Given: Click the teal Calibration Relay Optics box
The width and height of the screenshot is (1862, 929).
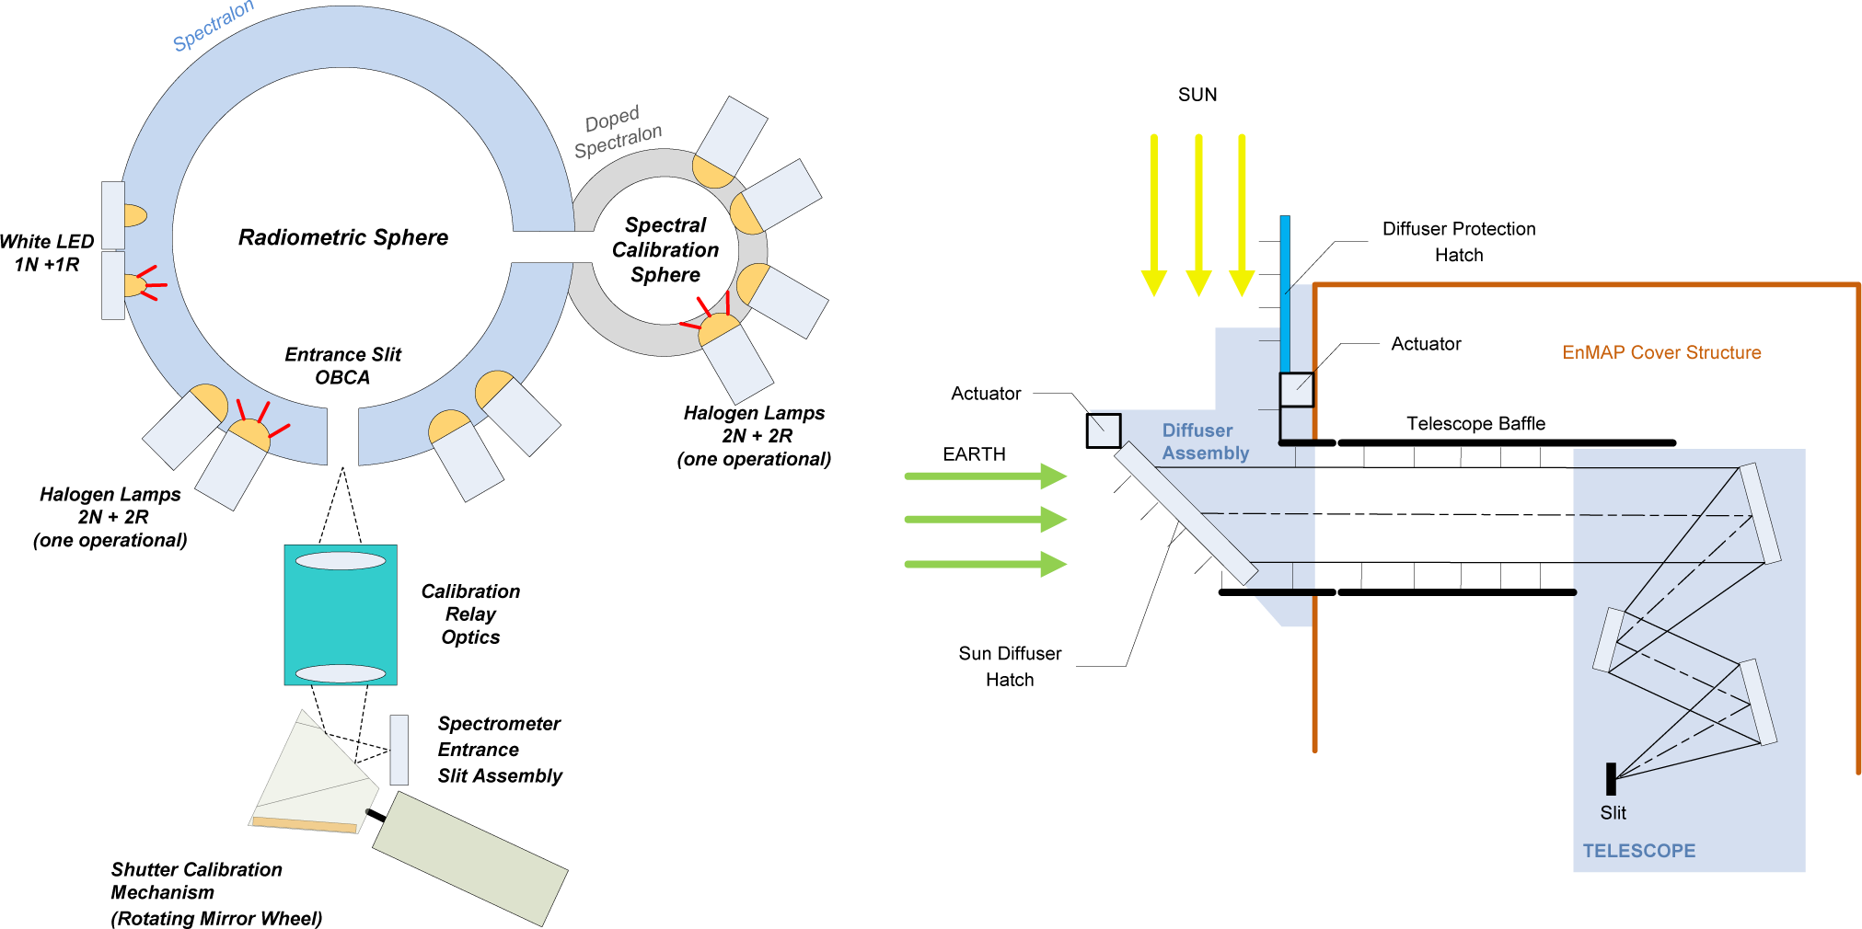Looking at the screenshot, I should click(x=341, y=614).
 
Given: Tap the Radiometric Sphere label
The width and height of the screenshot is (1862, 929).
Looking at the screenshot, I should click(x=343, y=237).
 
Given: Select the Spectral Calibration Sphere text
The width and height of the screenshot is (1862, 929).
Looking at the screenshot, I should click(x=665, y=250).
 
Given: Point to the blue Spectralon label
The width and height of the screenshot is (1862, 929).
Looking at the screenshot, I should click(x=213, y=25).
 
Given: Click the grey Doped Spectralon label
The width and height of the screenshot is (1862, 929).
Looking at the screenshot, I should click(x=617, y=132).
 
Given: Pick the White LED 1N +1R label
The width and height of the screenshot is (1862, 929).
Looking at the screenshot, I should click(x=47, y=253).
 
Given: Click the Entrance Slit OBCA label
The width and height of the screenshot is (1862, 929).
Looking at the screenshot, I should click(x=342, y=366).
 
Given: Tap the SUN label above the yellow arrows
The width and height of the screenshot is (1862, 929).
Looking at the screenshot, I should click(x=1197, y=95).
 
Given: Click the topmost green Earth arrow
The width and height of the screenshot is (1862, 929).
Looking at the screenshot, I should click(x=985, y=476).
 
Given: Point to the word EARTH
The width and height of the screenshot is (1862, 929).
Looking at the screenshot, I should click(x=974, y=454).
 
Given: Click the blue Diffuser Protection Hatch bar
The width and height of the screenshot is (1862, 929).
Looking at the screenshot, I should click(x=1285, y=294).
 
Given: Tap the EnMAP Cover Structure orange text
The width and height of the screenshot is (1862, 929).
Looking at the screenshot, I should click(x=1661, y=352).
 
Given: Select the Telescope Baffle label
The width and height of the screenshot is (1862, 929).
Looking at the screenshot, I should click(x=1475, y=423).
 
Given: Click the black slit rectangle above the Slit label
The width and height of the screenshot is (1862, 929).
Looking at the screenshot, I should click(x=1611, y=778).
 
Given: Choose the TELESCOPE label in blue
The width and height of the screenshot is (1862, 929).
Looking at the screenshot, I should click(x=1638, y=851).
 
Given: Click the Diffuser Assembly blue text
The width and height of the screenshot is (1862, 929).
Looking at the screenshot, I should click(x=1204, y=442).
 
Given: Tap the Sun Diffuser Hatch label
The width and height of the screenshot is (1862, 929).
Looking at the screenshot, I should click(x=1010, y=666).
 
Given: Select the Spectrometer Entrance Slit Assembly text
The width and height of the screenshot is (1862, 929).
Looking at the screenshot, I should click(x=499, y=750).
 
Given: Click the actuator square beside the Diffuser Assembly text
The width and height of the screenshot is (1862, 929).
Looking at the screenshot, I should click(x=1103, y=430).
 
